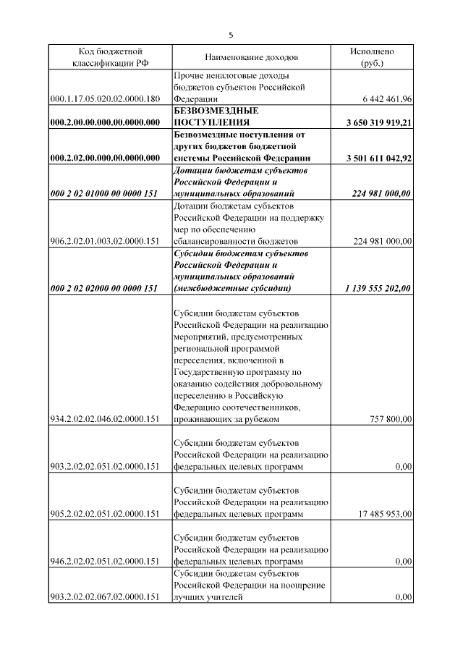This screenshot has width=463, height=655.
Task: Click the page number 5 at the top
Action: pyautogui.click(x=231, y=34)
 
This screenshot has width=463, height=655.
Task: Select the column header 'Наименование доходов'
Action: pyautogui.click(x=251, y=57)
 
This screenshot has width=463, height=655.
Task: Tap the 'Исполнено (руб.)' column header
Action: pyautogui.click(x=372, y=57)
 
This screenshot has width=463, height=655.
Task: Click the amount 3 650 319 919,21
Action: pyautogui.click(x=379, y=123)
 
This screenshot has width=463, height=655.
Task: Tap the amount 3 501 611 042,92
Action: pyautogui.click(x=379, y=158)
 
